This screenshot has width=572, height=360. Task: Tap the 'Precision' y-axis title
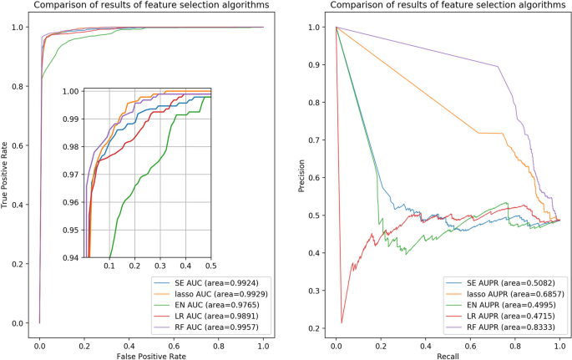pos(302,175)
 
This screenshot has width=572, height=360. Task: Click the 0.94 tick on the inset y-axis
pos(73,257)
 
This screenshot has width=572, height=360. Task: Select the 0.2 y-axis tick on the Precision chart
pos(317,328)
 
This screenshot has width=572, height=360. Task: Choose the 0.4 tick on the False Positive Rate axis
pos(129,342)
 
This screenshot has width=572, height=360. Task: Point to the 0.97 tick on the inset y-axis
pos(73,175)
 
